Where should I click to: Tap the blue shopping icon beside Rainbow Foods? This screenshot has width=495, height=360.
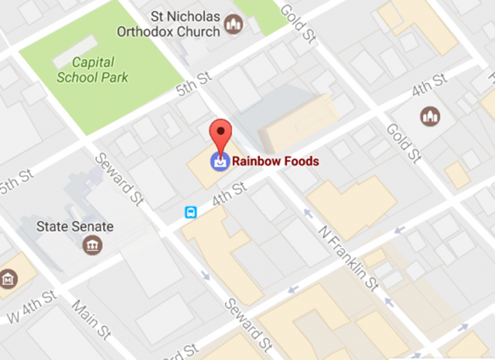coord(221,161)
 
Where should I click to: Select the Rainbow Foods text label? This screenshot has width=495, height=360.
coord(275,161)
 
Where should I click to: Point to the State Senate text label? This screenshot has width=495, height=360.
coord(75,226)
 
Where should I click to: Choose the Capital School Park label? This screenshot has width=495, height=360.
coord(93,70)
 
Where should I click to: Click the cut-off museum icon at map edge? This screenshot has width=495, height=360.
coord(8,280)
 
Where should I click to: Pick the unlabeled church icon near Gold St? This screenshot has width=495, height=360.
coord(429,116)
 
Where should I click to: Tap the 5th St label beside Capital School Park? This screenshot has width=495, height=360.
coord(194,85)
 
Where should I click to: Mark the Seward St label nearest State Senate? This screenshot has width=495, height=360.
coord(118,179)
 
